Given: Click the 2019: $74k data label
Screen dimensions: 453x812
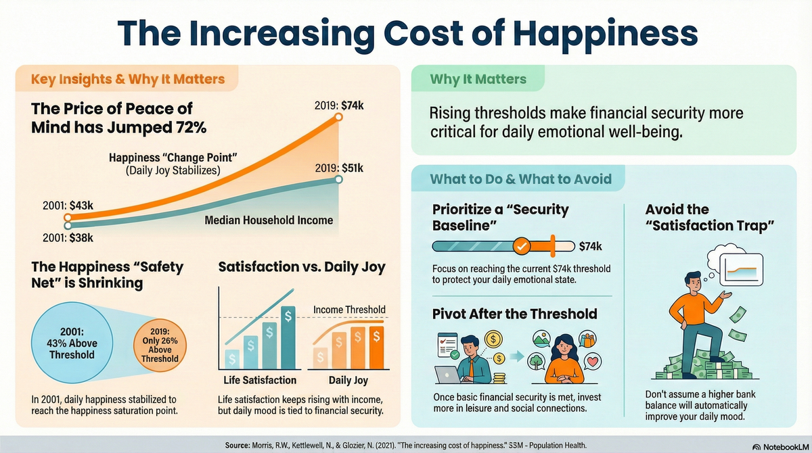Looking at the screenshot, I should [341, 105].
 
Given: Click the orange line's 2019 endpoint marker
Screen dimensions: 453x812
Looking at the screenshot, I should [339, 118].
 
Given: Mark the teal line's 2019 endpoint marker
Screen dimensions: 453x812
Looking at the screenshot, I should [339, 179].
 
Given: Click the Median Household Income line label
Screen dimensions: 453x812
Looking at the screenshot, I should [269, 220].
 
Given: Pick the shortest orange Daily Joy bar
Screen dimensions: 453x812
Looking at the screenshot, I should [323, 357].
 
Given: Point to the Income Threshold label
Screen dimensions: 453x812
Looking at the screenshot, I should [349, 310].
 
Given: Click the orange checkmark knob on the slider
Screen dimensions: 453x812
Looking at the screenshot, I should [521, 246].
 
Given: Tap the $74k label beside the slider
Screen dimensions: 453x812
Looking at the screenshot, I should [590, 246].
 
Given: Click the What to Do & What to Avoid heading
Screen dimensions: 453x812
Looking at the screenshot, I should [521, 179].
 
